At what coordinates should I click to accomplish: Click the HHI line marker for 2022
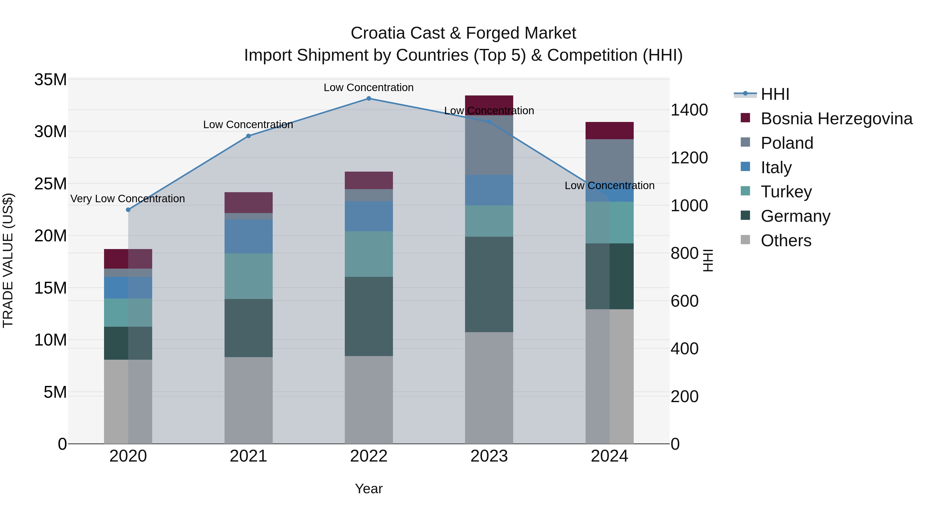[x=368, y=98]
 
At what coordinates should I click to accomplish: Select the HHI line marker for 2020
[x=128, y=210]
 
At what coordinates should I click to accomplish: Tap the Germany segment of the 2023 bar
[x=489, y=284]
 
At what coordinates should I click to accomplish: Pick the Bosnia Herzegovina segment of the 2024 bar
[x=609, y=130]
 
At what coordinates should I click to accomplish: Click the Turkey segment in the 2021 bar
[x=248, y=276]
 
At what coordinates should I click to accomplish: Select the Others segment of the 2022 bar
[x=368, y=400]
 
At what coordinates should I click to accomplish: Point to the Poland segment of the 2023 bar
[x=489, y=145]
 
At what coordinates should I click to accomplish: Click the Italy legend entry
[x=776, y=167]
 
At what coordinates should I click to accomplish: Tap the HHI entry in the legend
[x=775, y=94]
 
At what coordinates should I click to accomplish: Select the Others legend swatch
[x=745, y=240]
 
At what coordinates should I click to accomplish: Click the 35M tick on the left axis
[x=50, y=80]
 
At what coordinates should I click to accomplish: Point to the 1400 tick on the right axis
[x=689, y=110]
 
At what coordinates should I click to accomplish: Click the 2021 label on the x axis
[x=248, y=456]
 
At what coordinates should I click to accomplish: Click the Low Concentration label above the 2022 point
[x=368, y=87]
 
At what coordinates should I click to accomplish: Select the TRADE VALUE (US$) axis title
[x=8, y=260]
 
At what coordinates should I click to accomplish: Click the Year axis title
[x=368, y=489]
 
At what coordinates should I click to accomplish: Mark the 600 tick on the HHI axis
[x=684, y=301]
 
